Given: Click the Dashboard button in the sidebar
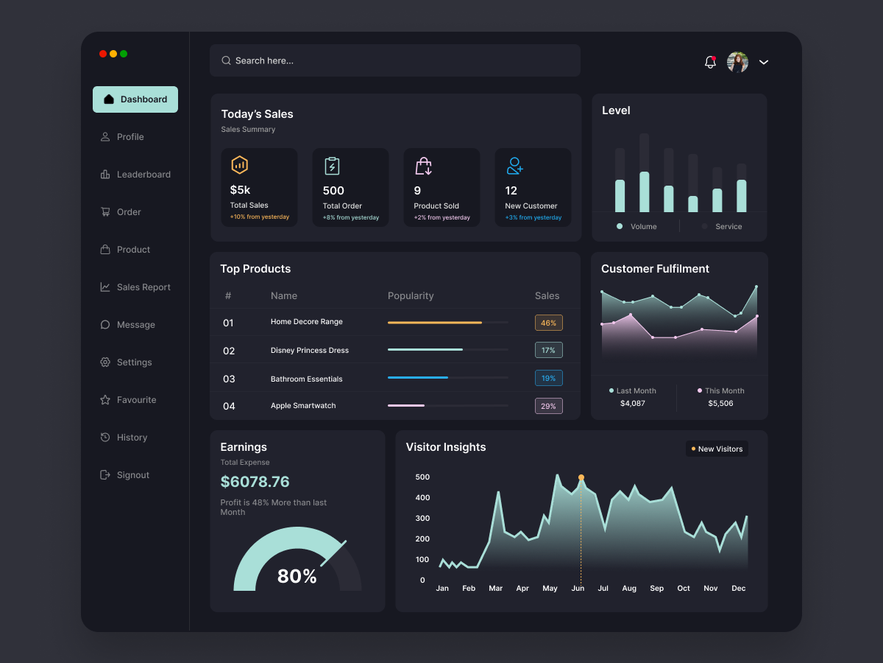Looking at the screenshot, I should [135, 99].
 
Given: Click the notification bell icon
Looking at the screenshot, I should [710, 63].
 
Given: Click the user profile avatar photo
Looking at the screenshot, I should [737, 63].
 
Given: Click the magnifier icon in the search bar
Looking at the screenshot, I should [226, 60].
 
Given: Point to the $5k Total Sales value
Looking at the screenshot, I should [240, 190].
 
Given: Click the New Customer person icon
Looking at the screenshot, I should [514, 166].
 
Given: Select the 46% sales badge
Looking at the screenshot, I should [548, 323].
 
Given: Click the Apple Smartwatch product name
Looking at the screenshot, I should [303, 406].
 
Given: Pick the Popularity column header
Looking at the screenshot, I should [411, 296].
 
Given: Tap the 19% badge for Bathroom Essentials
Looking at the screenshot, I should [548, 378].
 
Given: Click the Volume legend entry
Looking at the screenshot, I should [636, 227].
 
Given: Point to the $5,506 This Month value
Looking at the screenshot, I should [720, 404].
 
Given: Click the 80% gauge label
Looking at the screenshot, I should [297, 576].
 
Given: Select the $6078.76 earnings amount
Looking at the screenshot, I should [255, 482].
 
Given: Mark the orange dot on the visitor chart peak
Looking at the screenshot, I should [581, 477].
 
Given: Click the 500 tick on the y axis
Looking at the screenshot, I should [422, 477].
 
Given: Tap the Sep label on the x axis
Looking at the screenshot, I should [656, 589].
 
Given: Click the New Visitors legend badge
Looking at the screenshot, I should [717, 449].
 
